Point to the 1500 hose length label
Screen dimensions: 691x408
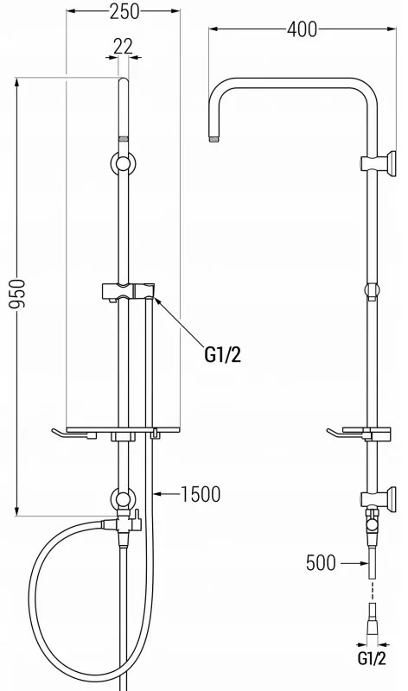click(201, 495)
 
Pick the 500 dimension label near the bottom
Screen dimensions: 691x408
click(322, 563)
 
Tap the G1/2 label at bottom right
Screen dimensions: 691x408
click(371, 680)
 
